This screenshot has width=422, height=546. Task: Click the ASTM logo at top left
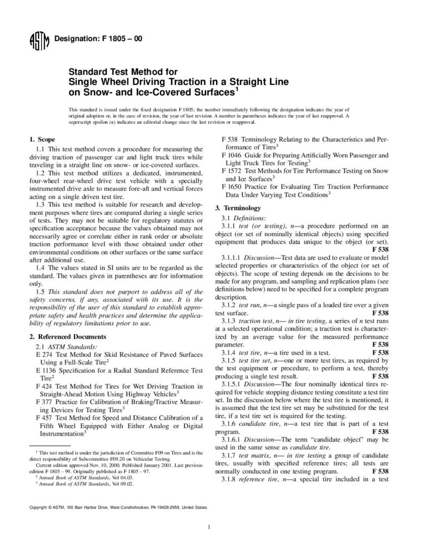[x=39, y=40]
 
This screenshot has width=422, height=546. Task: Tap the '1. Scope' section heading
[x=42, y=139]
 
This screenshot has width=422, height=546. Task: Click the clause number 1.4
[x=39, y=267]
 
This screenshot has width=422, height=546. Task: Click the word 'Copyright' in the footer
[x=39, y=508]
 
